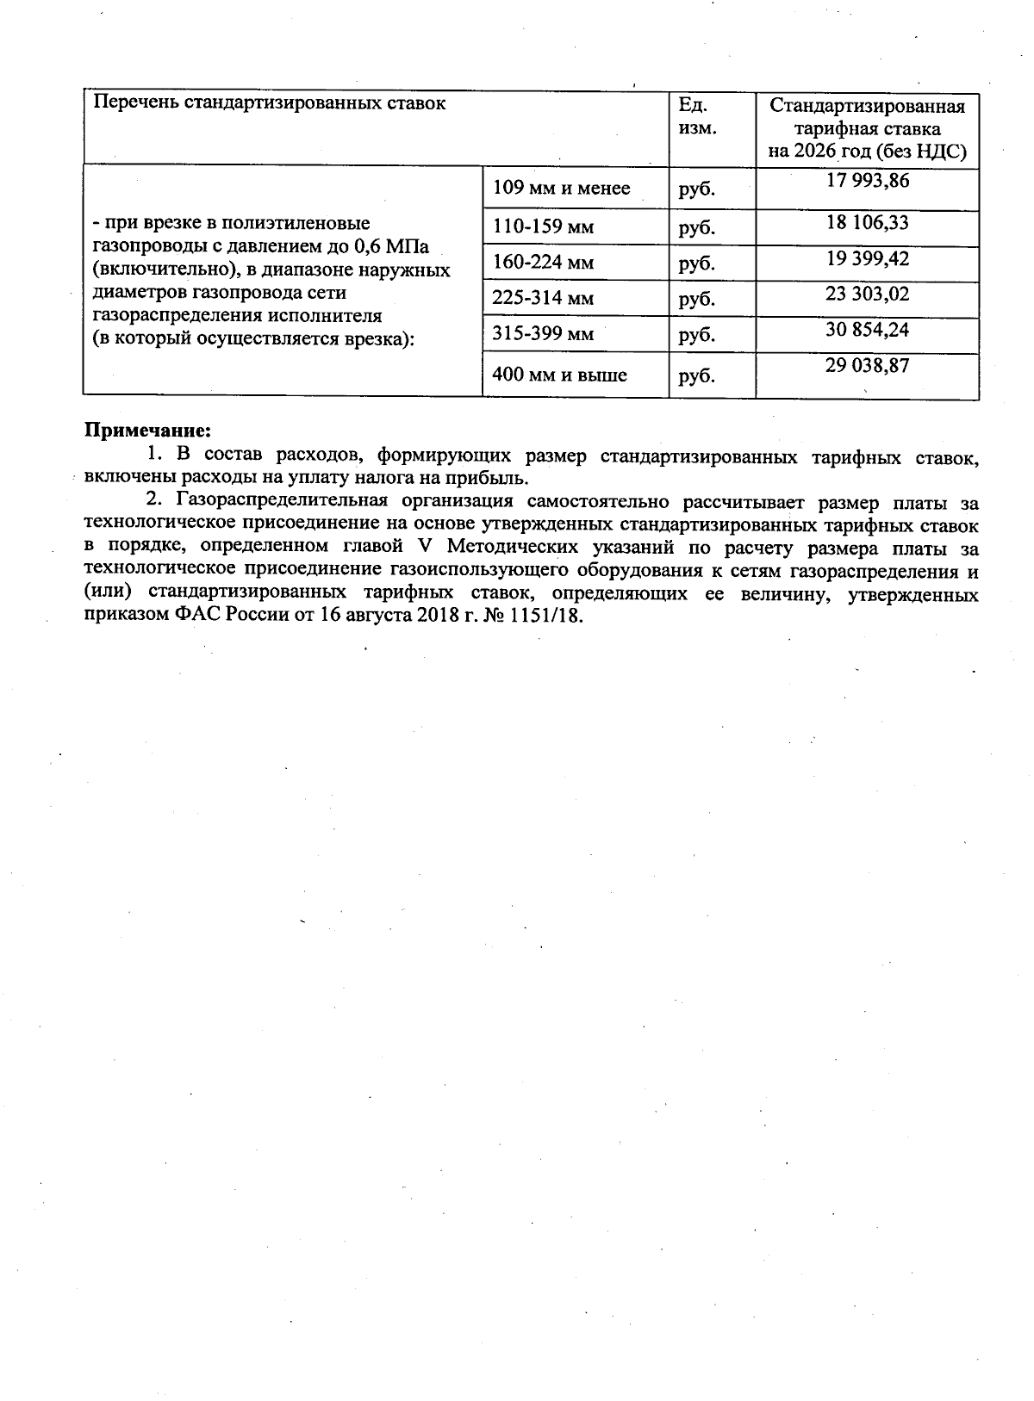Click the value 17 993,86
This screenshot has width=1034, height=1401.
[867, 181]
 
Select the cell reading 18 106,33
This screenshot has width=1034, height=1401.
[867, 223]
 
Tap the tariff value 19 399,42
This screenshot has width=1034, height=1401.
[867, 259]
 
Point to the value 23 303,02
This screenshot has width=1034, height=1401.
[867, 294]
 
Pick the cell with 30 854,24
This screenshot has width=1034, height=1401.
[867, 331]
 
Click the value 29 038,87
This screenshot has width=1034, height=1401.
[867, 367]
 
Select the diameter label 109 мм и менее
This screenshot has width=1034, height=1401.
[561, 188]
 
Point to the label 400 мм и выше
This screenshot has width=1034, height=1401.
[559, 375]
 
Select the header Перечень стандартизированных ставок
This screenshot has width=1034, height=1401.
[270, 103]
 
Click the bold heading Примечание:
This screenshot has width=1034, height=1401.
[147, 429]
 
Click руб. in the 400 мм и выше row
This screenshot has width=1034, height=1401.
[696, 375]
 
